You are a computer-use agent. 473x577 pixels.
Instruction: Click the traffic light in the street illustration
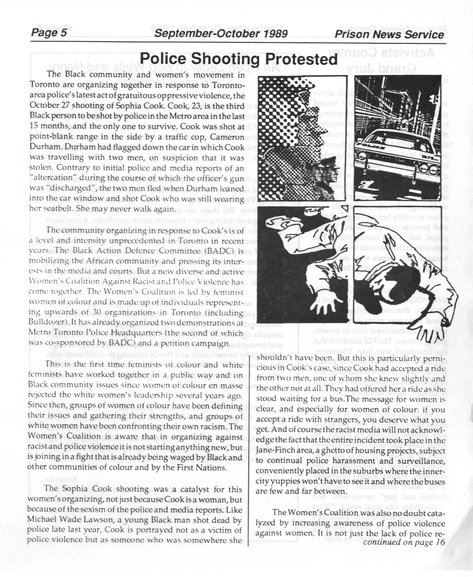[434, 98]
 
